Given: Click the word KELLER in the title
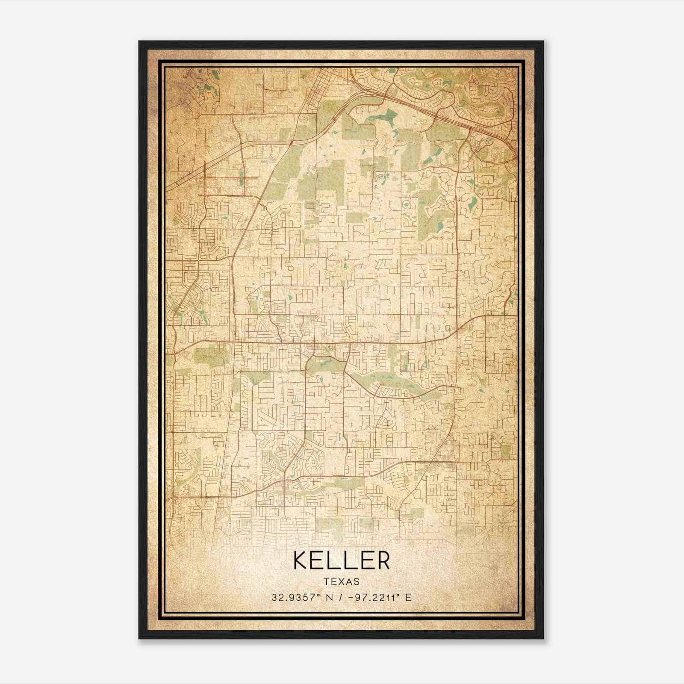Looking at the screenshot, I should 342,560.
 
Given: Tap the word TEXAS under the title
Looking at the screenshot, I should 342,582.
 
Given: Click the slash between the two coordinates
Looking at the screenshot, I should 339,598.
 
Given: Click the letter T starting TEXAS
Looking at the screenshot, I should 327,582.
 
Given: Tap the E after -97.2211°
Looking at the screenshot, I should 409,598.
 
